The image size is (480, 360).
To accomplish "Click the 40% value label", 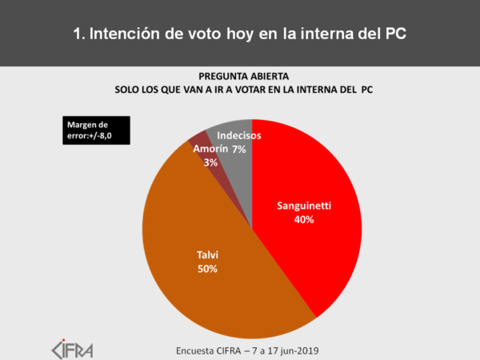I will click(303, 219).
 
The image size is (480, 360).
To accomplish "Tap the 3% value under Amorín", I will click(188, 162).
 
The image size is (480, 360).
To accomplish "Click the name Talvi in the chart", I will click(208, 256).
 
